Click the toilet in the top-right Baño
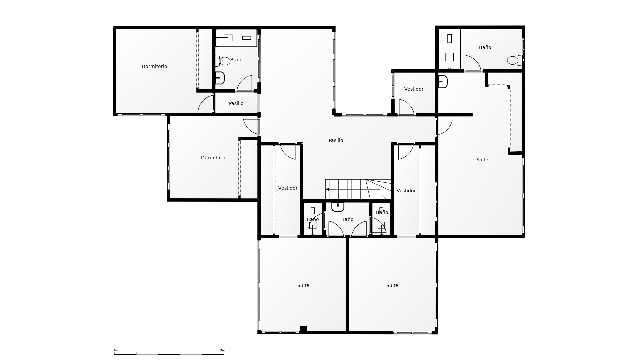(515, 60)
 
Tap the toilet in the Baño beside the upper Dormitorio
(223, 61)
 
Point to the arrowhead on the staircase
(327, 189)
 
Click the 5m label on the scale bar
(222, 350)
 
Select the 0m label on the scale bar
(116, 350)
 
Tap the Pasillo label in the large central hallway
(336, 140)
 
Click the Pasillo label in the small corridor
(236, 103)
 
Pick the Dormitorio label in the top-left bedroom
(154, 66)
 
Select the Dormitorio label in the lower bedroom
(214, 158)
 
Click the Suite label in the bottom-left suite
(303, 285)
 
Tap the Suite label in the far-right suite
(482, 160)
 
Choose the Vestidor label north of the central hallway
(414, 89)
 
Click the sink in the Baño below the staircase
(338, 207)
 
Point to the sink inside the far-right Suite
(443, 82)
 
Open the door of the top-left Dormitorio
(206, 103)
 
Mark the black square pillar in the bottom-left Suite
(303, 329)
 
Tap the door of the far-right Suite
(444, 127)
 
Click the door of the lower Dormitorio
(251, 127)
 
